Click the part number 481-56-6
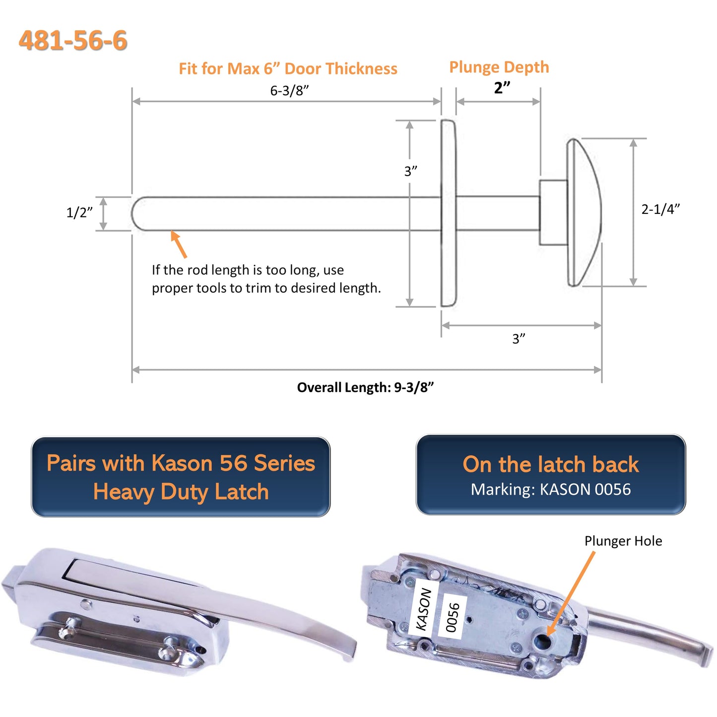[73, 40]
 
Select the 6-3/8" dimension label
[289, 90]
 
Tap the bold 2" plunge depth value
[502, 88]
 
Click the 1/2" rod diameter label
[79, 212]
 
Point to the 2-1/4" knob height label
[660, 209]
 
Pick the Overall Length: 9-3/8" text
[365, 387]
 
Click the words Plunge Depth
[499, 67]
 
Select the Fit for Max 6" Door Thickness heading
[288, 68]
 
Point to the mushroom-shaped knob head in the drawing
[584, 212]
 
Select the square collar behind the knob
[553, 212]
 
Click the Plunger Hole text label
[623, 541]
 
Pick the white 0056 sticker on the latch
[452, 617]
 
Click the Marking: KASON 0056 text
[550, 489]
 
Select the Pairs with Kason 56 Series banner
[181, 477]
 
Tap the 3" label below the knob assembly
[519, 338]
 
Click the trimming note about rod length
[266, 279]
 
